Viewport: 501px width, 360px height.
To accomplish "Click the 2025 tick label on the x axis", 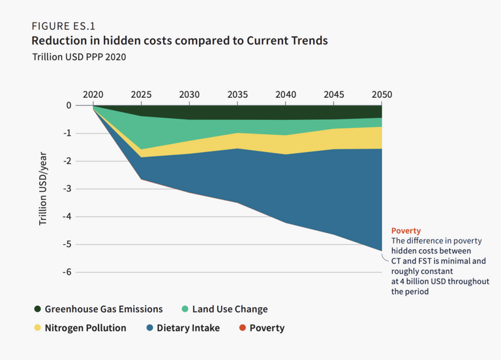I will click(142, 95).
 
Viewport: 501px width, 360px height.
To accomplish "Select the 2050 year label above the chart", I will click(382, 95).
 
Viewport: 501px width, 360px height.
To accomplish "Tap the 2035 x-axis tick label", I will click(237, 95).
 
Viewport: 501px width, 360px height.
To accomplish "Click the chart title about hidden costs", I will click(179, 41).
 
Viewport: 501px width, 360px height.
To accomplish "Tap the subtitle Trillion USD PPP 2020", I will click(79, 57).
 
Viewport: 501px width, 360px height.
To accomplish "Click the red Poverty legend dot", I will click(241, 328).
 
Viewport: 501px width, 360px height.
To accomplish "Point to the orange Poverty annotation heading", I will click(406, 231).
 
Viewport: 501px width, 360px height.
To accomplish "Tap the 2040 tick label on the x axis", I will click(286, 95).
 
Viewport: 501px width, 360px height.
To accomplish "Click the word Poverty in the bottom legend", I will click(267, 328).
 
